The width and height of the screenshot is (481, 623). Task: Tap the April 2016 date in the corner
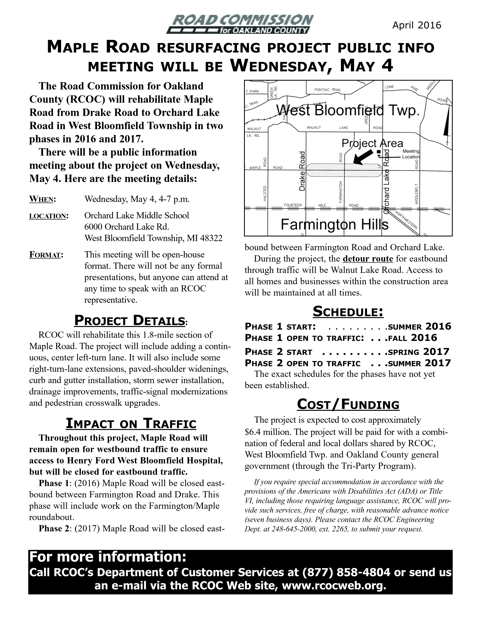coord(417,25)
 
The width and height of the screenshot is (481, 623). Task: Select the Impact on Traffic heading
coord(131,423)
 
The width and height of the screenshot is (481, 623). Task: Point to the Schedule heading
coord(348,311)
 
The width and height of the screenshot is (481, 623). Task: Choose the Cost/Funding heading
coord(348,405)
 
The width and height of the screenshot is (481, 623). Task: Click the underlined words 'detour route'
coord(368,259)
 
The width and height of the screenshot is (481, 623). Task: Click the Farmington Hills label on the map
coord(335,225)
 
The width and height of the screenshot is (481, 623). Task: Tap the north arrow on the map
coord(446,123)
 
